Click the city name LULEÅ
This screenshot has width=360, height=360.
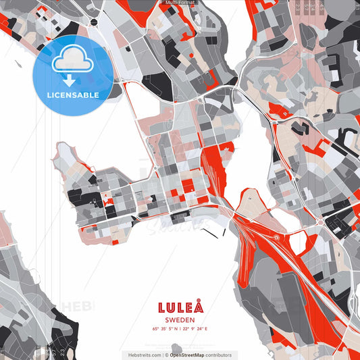180,308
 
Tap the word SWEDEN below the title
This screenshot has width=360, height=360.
180,320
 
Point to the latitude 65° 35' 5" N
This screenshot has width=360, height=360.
164,330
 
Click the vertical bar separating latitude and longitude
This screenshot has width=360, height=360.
180,330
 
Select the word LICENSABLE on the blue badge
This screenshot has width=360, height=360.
72,95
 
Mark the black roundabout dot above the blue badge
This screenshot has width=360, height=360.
93,22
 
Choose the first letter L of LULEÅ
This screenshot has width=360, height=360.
162,308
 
